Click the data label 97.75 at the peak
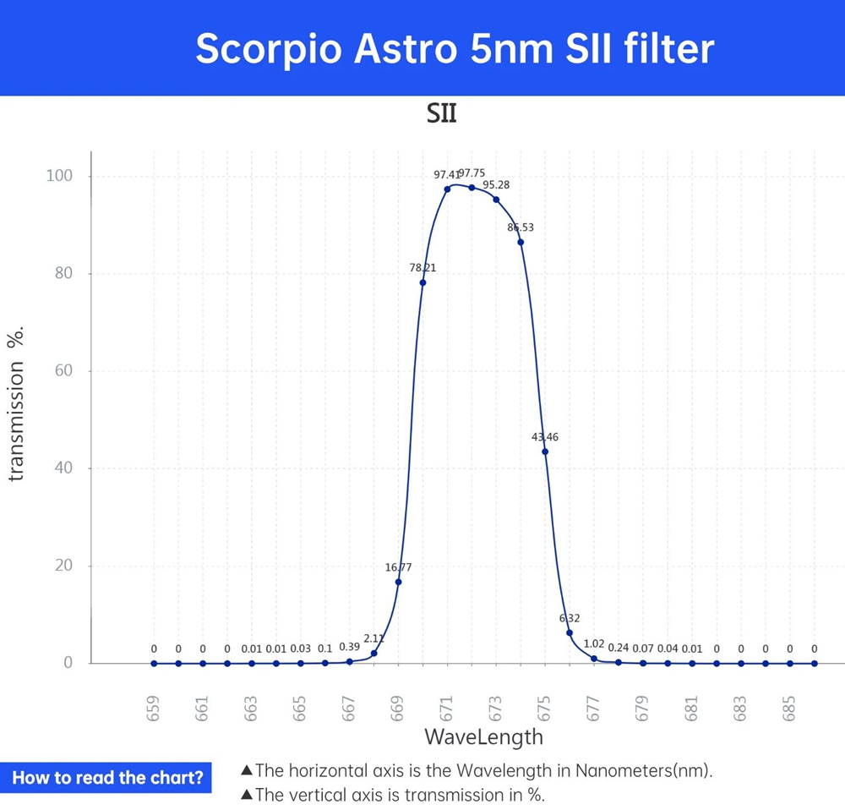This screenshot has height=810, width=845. tap(472, 173)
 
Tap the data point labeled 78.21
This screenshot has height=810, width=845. tap(422, 282)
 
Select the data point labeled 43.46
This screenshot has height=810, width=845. tap(545, 452)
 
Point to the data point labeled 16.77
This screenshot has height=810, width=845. tap(398, 582)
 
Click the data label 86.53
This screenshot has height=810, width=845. tap(521, 227)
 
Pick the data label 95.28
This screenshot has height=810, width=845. tap(496, 184)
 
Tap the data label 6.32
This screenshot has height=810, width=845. tap(570, 619)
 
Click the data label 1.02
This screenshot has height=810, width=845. tap(594, 644)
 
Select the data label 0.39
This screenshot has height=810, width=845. tap(349, 647)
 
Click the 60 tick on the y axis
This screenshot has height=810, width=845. tap(64, 371)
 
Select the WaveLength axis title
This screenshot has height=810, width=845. tap(483, 736)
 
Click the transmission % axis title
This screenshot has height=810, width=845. tap(15, 405)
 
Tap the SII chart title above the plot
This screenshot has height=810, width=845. tap(442, 114)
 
